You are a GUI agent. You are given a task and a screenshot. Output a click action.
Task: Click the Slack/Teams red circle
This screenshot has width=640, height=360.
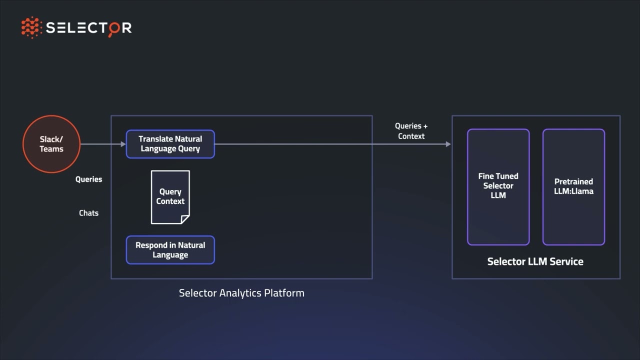(51, 144)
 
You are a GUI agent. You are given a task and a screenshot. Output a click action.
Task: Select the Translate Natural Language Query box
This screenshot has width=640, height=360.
(170, 144)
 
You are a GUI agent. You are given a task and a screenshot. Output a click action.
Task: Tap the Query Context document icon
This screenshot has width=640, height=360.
(170, 197)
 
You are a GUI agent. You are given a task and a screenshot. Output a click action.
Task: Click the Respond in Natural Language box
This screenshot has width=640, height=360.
(170, 250)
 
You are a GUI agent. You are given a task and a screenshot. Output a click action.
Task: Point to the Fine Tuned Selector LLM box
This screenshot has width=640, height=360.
(498, 186)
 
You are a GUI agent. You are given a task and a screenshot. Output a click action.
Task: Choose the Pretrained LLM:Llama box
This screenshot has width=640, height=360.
(573, 186)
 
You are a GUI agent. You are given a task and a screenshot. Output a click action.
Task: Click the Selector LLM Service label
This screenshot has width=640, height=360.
(535, 261)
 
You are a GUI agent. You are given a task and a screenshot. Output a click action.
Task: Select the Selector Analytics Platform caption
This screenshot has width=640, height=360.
(241, 293)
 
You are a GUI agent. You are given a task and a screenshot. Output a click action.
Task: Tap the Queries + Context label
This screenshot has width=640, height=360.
(411, 131)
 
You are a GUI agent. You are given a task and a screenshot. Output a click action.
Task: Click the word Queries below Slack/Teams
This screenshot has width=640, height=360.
(88, 179)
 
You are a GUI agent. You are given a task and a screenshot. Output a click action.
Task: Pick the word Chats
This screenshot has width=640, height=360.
(88, 213)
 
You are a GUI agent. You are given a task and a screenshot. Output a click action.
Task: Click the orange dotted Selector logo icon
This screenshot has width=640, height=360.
(31, 27)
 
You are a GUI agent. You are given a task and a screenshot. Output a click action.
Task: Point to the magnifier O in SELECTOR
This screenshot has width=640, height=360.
(114, 28)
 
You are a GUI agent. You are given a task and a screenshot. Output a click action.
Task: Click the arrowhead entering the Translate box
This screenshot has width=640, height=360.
(123, 144)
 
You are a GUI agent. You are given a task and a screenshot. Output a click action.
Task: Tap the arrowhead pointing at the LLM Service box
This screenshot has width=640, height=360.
(448, 144)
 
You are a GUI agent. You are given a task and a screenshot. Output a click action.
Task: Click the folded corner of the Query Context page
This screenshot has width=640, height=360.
(185, 219)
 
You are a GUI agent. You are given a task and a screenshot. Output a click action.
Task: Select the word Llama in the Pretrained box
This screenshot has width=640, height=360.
(582, 191)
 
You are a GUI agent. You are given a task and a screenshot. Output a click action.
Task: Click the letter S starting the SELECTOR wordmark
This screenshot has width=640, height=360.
(50, 28)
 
